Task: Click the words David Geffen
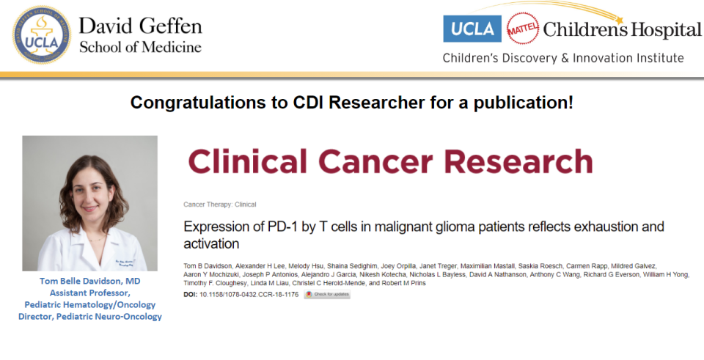click(140, 26)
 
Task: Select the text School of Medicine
click(140, 47)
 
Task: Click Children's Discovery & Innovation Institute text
click(563, 58)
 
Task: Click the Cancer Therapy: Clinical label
click(220, 205)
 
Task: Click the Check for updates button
click(327, 294)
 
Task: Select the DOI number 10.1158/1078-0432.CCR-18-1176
click(249, 294)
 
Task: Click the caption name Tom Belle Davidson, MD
click(90, 281)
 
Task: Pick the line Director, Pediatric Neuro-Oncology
click(90, 316)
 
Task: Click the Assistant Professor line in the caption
click(90, 293)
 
